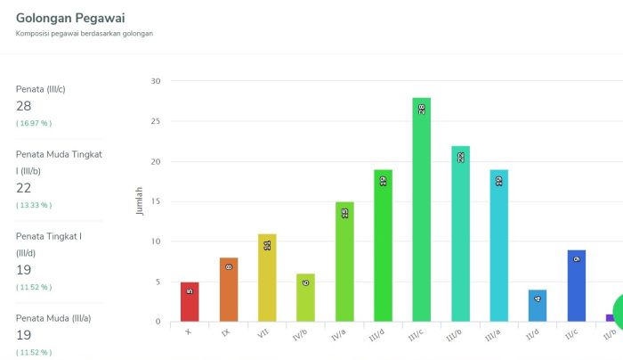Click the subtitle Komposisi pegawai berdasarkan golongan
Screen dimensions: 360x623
(x=85, y=34)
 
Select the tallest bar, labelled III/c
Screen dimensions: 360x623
(x=421, y=209)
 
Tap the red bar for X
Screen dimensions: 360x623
(x=190, y=302)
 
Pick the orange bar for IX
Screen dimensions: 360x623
(x=229, y=290)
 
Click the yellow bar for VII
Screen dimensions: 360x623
(x=267, y=277)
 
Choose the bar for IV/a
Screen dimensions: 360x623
(x=344, y=261)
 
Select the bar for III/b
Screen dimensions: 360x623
(x=460, y=233)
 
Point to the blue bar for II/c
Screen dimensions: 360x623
(x=576, y=285)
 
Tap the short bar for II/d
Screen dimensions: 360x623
(x=538, y=306)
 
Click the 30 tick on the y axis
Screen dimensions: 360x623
(x=156, y=81)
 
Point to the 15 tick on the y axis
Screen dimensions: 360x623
(x=156, y=201)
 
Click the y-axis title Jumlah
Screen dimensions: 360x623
(x=139, y=201)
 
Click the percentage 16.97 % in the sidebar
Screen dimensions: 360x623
(x=34, y=123)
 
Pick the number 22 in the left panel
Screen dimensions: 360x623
(x=24, y=188)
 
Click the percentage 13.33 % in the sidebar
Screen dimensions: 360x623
(x=34, y=205)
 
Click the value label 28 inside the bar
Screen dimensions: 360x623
(x=421, y=110)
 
